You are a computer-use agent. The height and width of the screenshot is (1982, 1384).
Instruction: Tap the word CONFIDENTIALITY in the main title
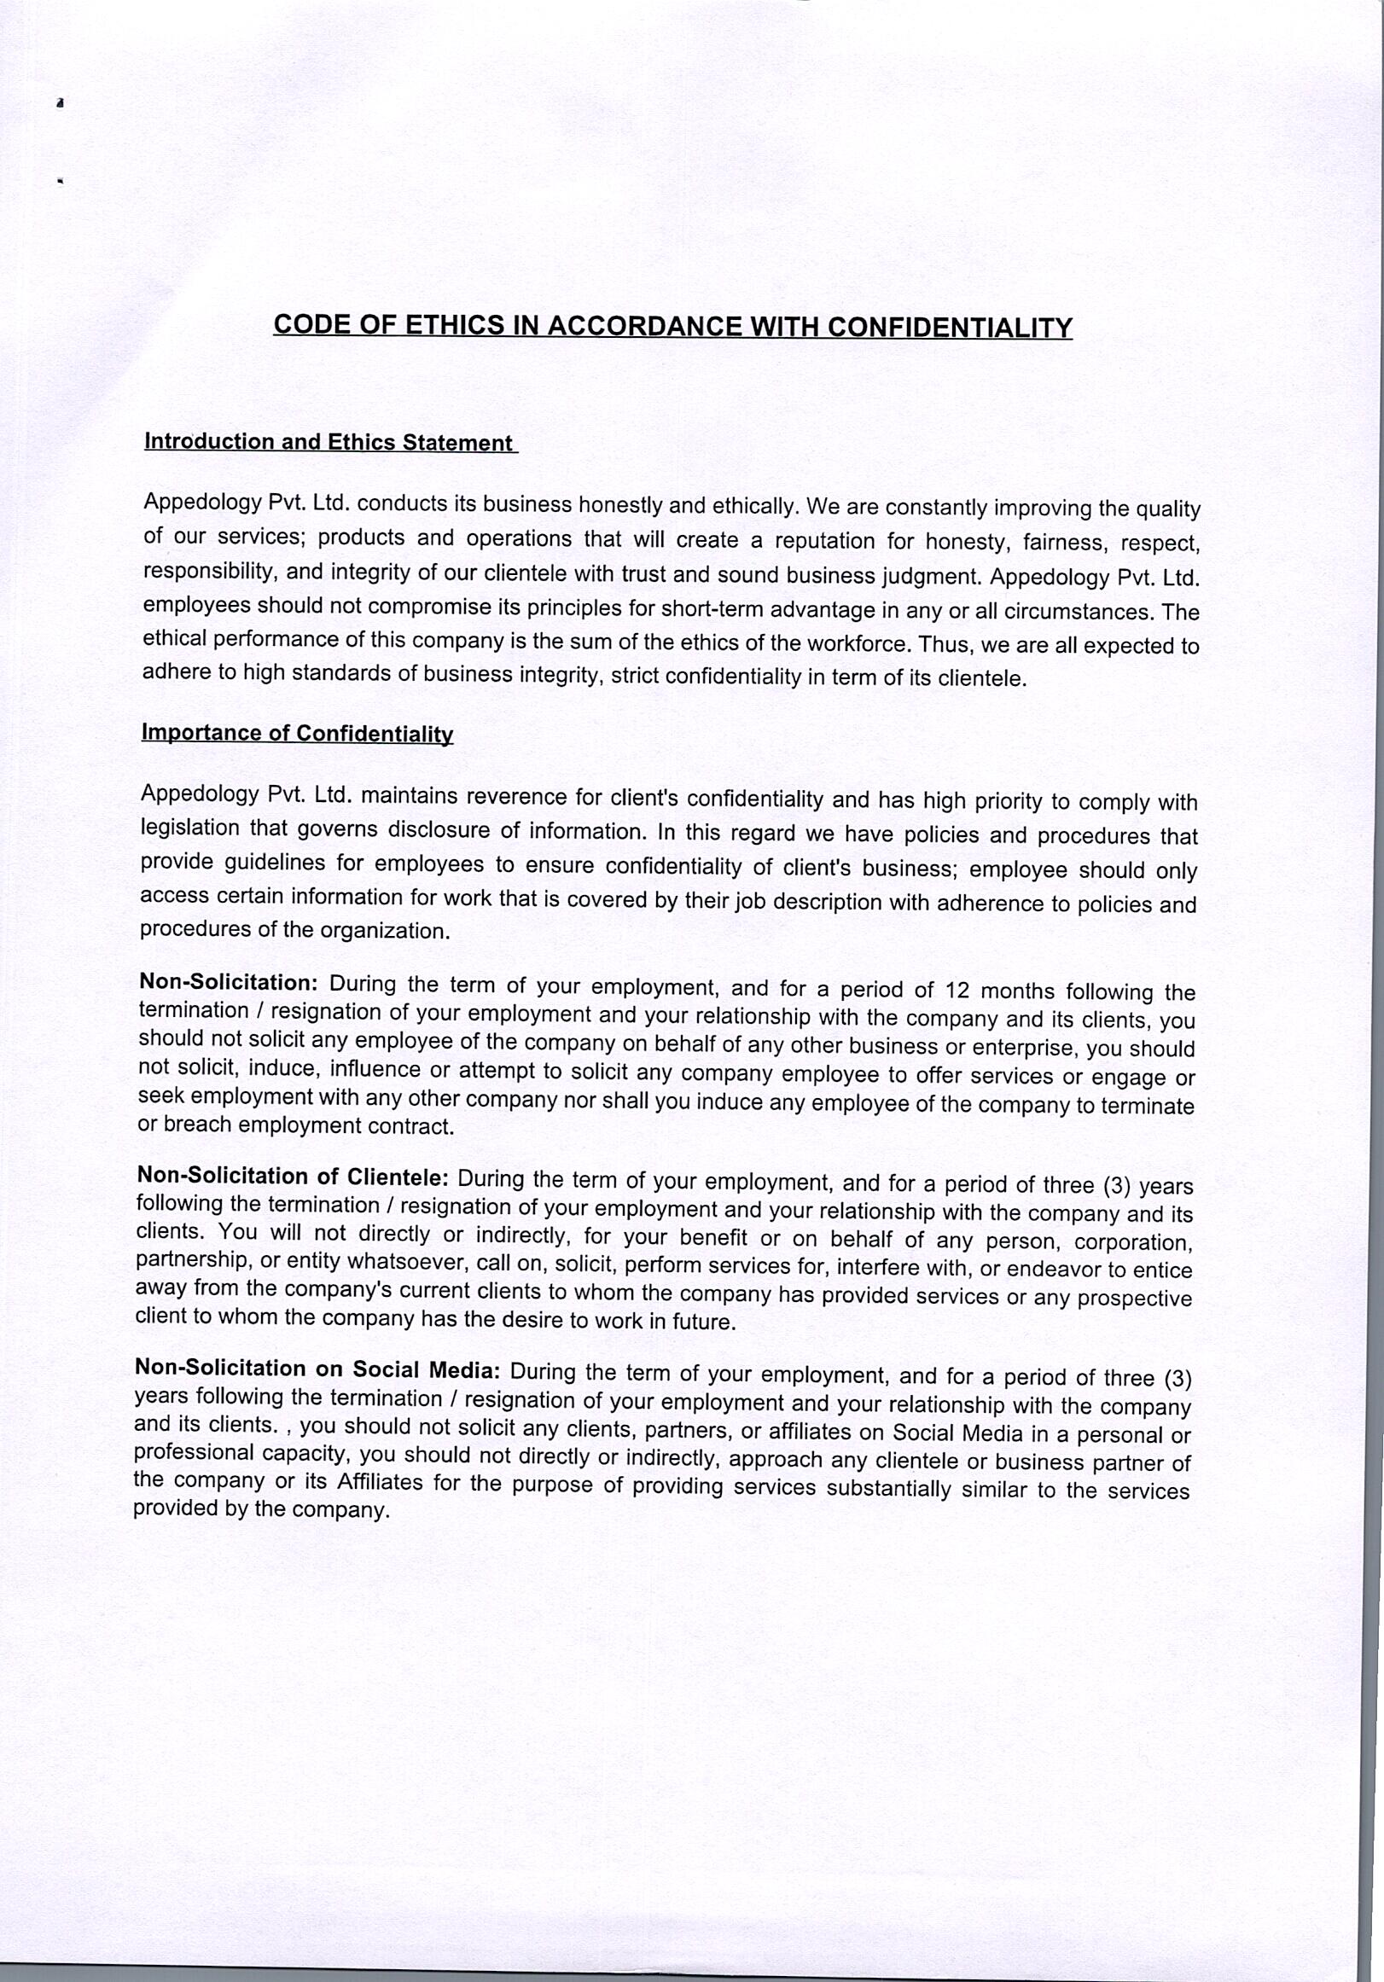click(x=950, y=328)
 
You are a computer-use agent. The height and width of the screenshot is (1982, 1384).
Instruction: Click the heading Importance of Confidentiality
click(x=297, y=733)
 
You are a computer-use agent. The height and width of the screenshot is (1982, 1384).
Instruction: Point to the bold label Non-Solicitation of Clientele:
click(x=293, y=1177)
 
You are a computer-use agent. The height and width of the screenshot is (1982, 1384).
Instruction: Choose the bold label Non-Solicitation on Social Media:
click(x=317, y=1369)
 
